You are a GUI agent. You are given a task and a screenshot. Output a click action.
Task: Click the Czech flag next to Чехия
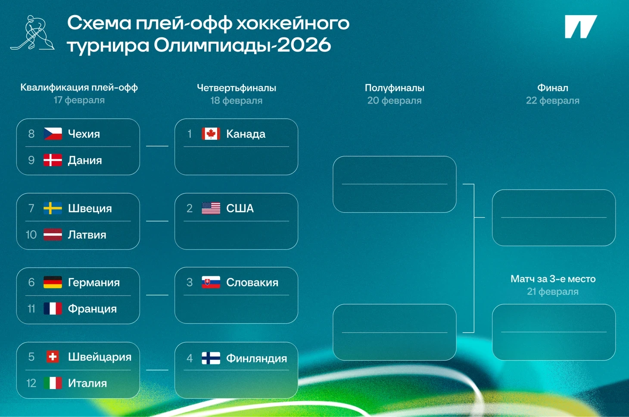[x=53, y=134]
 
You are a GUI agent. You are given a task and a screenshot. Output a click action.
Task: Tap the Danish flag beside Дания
[x=53, y=160]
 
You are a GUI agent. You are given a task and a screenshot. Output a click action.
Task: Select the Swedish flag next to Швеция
[x=53, y=208]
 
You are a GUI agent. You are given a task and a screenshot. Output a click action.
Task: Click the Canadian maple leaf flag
[x=211, y=134]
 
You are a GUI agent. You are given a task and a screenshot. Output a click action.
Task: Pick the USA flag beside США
[x=211, y=208]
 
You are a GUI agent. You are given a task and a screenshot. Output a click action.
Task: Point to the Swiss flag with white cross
[x=53, y=357]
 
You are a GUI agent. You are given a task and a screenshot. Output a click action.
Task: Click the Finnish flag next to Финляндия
[x=211, y=358]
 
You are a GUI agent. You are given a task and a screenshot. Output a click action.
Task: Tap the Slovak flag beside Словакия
[x=211, y=282]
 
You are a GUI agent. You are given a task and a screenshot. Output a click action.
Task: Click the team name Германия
[x=94, y=283]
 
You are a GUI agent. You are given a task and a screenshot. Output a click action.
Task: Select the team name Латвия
[x=87, y=235]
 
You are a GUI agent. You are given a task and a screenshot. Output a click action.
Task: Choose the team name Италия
[x=87, y=383]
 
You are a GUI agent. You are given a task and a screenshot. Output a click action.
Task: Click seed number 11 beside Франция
[x=31, y=309]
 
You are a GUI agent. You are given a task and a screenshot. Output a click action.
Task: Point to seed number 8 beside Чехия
[x=31, y=134]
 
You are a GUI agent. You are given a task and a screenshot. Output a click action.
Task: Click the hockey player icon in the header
[x=33, y=33]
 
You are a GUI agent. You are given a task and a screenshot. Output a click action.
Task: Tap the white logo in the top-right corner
[x=581, y=27]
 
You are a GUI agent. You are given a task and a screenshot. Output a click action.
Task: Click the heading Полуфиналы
[x=395, y=88]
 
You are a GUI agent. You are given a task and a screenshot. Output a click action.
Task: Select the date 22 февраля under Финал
[x=553, y=100]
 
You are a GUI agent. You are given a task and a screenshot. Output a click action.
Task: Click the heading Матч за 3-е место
[x=553, y=279]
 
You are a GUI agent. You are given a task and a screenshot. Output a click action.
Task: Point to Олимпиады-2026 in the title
[x=242, y=45]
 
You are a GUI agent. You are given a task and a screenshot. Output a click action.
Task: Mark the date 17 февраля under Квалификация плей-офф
[x=79, y=100]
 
